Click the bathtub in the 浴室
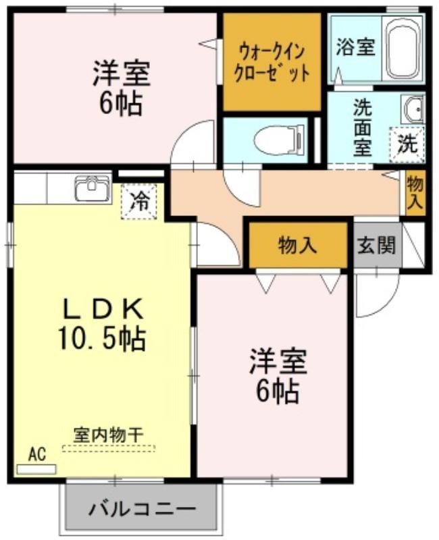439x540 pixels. click(x=403, y=48)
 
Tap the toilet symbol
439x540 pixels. click(x=280, y=140)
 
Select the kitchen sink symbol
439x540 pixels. click(x=93, y=188)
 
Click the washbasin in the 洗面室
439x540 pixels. click(x=413, y=109)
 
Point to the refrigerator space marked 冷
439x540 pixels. click(x=139, y=201)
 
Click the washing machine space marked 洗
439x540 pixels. click(x=407, y=144)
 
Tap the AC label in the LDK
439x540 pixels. click(x=37, y=454)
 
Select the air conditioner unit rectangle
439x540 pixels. click(x=36, y=469)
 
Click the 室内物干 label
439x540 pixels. click(x=108, y=435)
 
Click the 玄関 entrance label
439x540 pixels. click(x=377, y=246)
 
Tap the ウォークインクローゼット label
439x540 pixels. click(x=272, y=63)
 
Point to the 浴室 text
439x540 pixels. click(x=356, y=47)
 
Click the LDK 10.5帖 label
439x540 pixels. click(x=103, y=324)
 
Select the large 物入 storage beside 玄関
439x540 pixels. click(x=298, y=245)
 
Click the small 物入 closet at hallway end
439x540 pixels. click(x=415, y=193)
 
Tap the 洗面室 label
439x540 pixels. click(x=363, y=128)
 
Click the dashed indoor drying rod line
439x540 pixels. click(x=108, y=448)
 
